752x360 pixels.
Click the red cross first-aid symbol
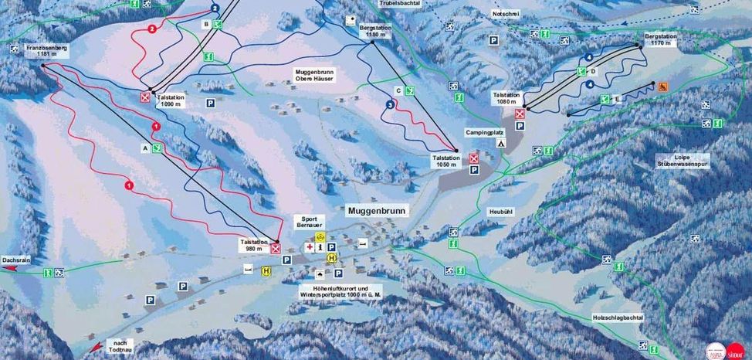coord(310,247)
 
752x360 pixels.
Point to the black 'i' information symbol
coord(320,247)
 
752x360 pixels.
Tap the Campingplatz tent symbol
coord(500,144)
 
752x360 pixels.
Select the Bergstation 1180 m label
coord(373,30)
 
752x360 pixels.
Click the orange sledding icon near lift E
coord(662,87)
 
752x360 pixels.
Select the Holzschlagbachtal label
coord(618,318)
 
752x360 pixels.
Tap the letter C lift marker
coord(398,90)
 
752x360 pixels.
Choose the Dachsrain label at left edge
coord(15,261)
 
